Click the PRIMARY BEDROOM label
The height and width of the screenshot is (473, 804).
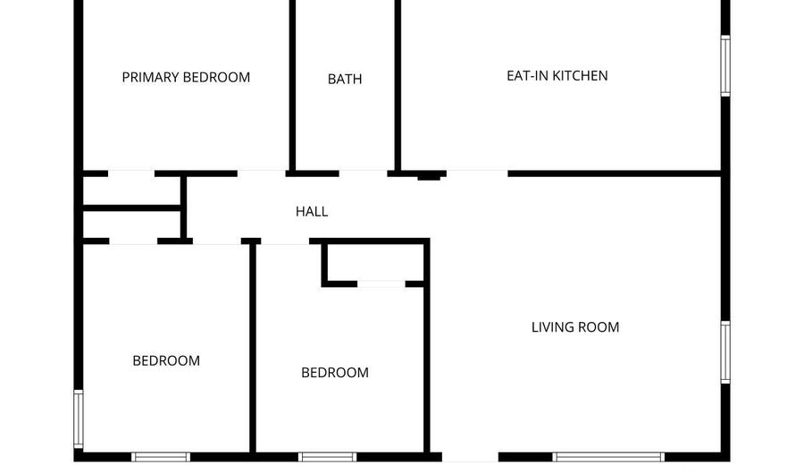pos(186,78)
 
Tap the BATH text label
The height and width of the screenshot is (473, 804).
pos(345,79)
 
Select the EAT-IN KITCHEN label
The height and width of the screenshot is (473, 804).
pos(557,76)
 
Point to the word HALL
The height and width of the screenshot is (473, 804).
pos(312,211)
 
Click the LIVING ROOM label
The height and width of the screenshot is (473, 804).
pos(574,327)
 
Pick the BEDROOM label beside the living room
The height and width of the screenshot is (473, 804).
pos(334,373)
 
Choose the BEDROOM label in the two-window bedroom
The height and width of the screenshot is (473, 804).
pos(166,360)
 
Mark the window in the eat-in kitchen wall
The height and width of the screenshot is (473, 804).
pos(725,65)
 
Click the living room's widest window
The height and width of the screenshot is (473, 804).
pos(608,457)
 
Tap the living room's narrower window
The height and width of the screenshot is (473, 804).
pos(725,352)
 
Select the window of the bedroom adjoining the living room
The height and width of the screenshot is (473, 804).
pos(327,457)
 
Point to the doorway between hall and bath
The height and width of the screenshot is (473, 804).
pos(363,173)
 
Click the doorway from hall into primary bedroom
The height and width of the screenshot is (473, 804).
pos(261,173)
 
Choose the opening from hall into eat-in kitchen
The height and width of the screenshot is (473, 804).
pos(477,173)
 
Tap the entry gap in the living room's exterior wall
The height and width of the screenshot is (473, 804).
pos(470,457)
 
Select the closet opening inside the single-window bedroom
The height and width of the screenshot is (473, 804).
pos(381,283)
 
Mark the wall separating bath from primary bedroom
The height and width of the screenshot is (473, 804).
pos(292,85)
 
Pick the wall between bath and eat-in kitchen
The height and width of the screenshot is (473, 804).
pos(398,85)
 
